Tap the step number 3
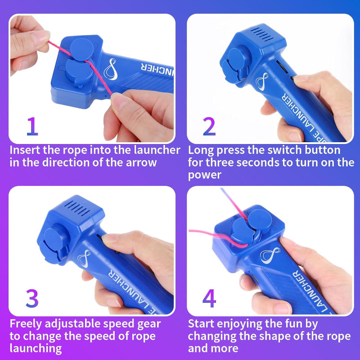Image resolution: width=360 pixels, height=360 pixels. tap(32, 298)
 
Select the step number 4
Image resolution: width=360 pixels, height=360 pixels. tap(209, 298)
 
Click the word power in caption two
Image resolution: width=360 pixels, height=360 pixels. tap(205, 175)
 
